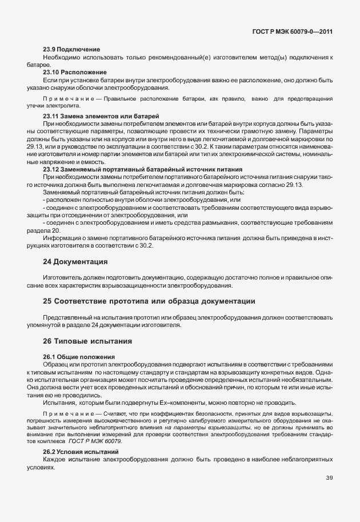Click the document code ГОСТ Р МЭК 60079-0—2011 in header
[x=292, y=31]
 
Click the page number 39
[x=329, y=477]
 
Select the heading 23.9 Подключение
[x=71, y=50]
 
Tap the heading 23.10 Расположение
[x=75, y=72]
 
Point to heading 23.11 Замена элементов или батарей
[x=101, y=116]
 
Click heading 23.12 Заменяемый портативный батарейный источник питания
[x=143, y=169]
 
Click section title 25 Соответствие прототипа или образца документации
[x=149, y=301]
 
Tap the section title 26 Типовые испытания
[x=87, y=341]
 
